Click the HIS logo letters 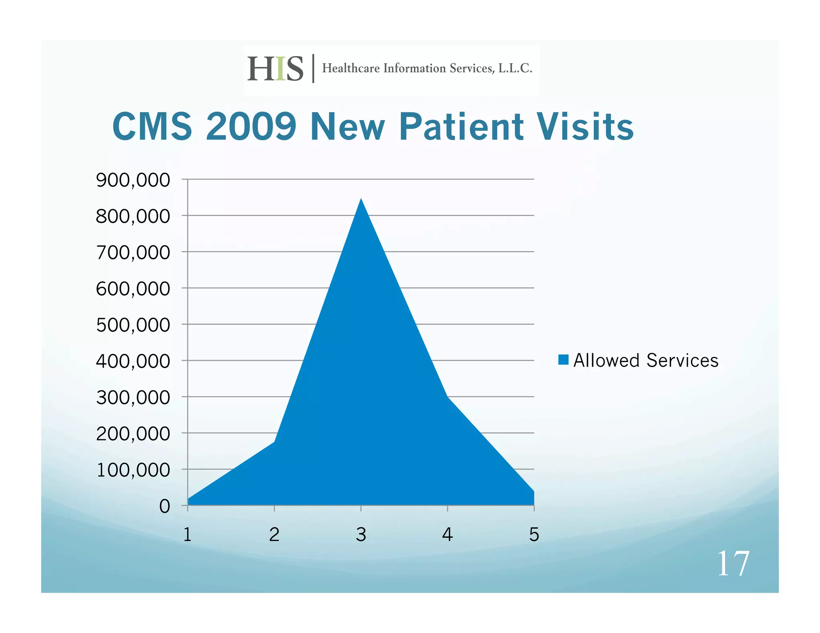click(275, 69)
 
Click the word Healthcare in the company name click(351, 68)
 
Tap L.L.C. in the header click(515, 68)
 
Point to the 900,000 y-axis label click(133, 180)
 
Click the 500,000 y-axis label click(133, 325)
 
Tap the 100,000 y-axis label click(133, 470)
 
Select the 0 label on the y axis click(165, 507)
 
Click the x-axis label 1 click(187, 535)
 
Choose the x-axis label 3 click(361, 535)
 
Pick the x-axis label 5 click(534, 535)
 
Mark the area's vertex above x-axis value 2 click(274, 442)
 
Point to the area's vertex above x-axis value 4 click(448, 397)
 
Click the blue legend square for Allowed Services click(563, 360)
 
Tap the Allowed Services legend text click(646, 360)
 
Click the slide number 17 click(733, 563)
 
